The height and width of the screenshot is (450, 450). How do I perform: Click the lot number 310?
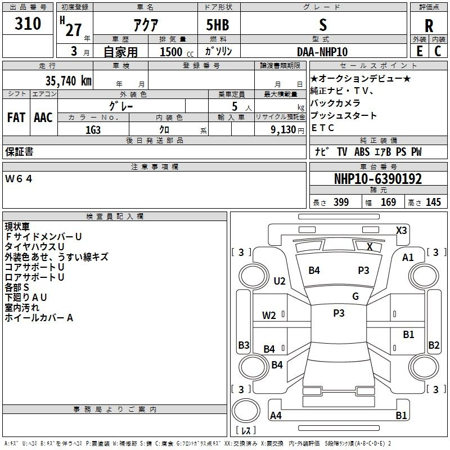point(28,24)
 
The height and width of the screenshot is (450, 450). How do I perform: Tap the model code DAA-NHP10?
point(323,51)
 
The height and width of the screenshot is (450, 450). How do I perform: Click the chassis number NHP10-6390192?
point(377,179)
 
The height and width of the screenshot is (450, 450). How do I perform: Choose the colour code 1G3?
point(93,130)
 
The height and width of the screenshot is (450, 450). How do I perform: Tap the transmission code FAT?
point(16,118)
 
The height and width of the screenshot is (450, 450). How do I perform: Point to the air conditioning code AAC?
point(43,118)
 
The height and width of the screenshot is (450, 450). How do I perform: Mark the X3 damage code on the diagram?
point(402,230)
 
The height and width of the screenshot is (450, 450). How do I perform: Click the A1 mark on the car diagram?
point(408,257)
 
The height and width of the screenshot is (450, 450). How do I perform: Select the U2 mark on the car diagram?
point(280,281)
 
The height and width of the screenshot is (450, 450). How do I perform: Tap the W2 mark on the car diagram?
point(269,315)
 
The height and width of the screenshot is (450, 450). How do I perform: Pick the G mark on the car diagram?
point(355,296)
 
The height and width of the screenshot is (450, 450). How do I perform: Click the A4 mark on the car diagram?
point(276,416)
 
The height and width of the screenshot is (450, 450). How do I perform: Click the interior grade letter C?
point(438,51)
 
